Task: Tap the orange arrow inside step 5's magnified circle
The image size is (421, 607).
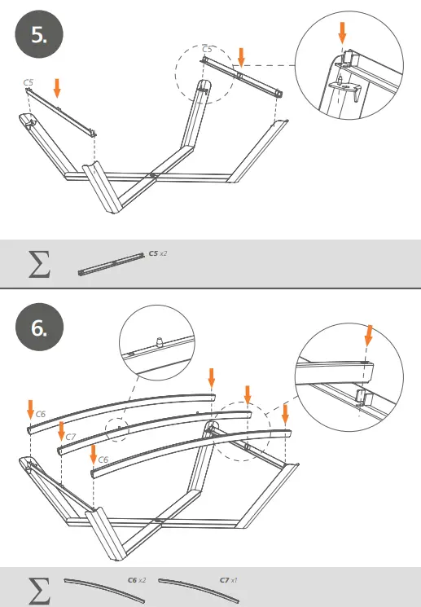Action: tap(342, 33)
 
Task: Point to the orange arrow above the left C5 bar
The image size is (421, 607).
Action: tap(56, 87)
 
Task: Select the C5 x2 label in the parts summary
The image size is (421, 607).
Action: tap(157, 253)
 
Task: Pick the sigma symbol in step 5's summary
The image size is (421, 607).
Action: tap(38, 262)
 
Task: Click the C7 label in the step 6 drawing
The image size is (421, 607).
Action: tap(71, 438)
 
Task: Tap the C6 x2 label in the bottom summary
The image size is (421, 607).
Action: tap(137, 580)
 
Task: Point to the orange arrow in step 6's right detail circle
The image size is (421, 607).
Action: tap(368, 334)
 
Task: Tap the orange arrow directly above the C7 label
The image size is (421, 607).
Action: tap(61, 407)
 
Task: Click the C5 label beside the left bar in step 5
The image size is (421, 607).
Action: tap(29, 82)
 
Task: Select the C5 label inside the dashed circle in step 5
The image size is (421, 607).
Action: tap(207, 50)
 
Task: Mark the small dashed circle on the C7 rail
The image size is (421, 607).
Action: tap(118, 426)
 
